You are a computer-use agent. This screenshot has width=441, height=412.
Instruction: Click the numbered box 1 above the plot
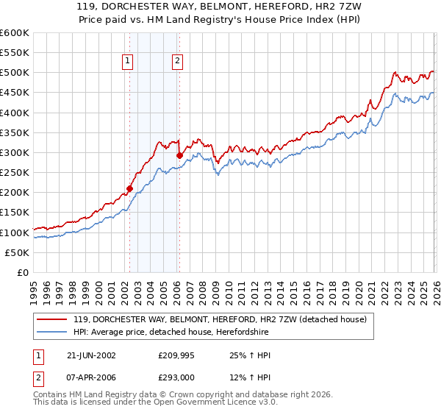point(129,62)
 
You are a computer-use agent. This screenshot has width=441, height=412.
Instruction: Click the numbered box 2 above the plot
point(178,62)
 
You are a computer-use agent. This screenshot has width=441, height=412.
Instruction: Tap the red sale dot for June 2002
point(130,188)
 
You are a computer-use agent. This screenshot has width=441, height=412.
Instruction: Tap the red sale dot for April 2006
point(179,155)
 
